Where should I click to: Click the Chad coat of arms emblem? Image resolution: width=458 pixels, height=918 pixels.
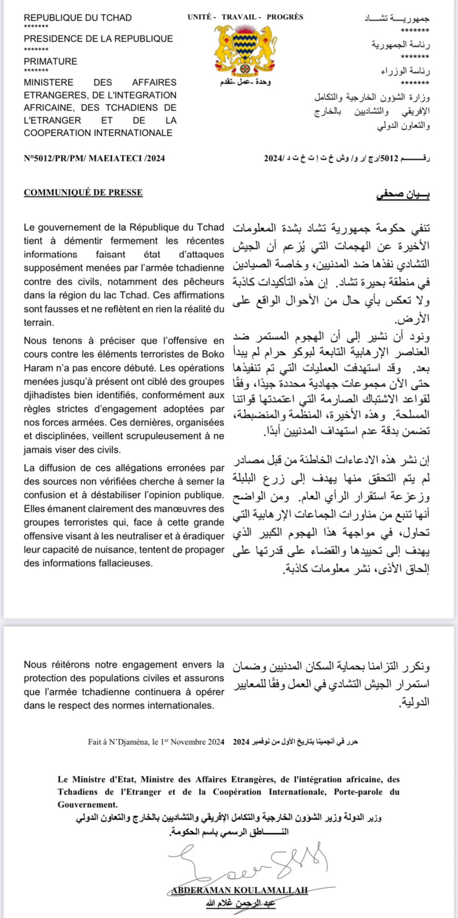coord(245,51)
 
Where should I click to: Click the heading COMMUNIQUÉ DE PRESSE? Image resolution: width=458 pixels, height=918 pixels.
coord(83,193)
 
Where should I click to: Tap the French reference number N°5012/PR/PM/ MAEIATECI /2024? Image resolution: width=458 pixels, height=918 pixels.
coord(94,158)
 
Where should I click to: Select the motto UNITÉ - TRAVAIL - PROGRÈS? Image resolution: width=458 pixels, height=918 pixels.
coord(245,17)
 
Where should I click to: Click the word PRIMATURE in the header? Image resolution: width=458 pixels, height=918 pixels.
coord(51,61)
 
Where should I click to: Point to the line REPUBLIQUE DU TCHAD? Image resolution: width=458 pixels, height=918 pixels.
coord(77,17)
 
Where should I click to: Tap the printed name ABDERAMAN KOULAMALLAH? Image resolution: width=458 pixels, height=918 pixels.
coord(240,890)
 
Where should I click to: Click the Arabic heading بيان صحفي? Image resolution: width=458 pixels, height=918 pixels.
coord(403,194)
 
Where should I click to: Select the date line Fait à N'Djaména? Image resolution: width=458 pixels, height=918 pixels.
coord(156,742)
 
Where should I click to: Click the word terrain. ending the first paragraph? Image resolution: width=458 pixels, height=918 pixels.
coord(38,322)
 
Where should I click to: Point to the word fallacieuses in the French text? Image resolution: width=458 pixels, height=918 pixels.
coord(125,563)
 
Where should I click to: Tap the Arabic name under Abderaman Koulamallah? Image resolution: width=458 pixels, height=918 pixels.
coord(240,903)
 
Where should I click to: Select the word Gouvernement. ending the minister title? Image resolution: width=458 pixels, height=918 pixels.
coord(88,804)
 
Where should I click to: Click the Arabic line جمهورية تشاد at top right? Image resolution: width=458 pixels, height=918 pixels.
coord(397,18)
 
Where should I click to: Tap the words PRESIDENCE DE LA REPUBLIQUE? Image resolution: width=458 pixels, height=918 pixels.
coord(98,38)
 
